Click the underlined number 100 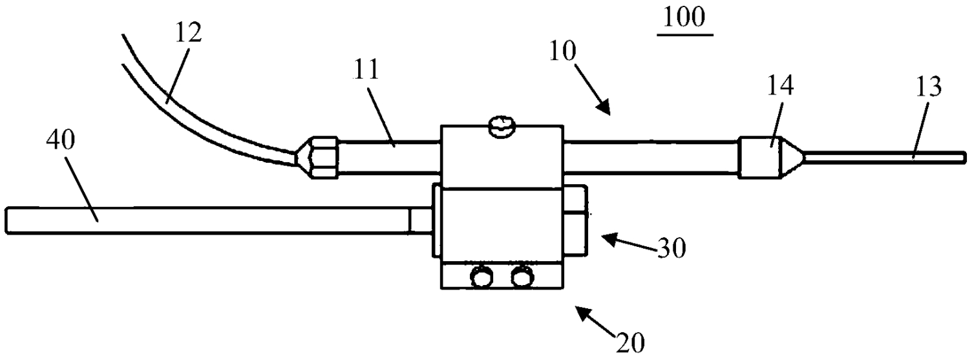pos(684,18)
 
